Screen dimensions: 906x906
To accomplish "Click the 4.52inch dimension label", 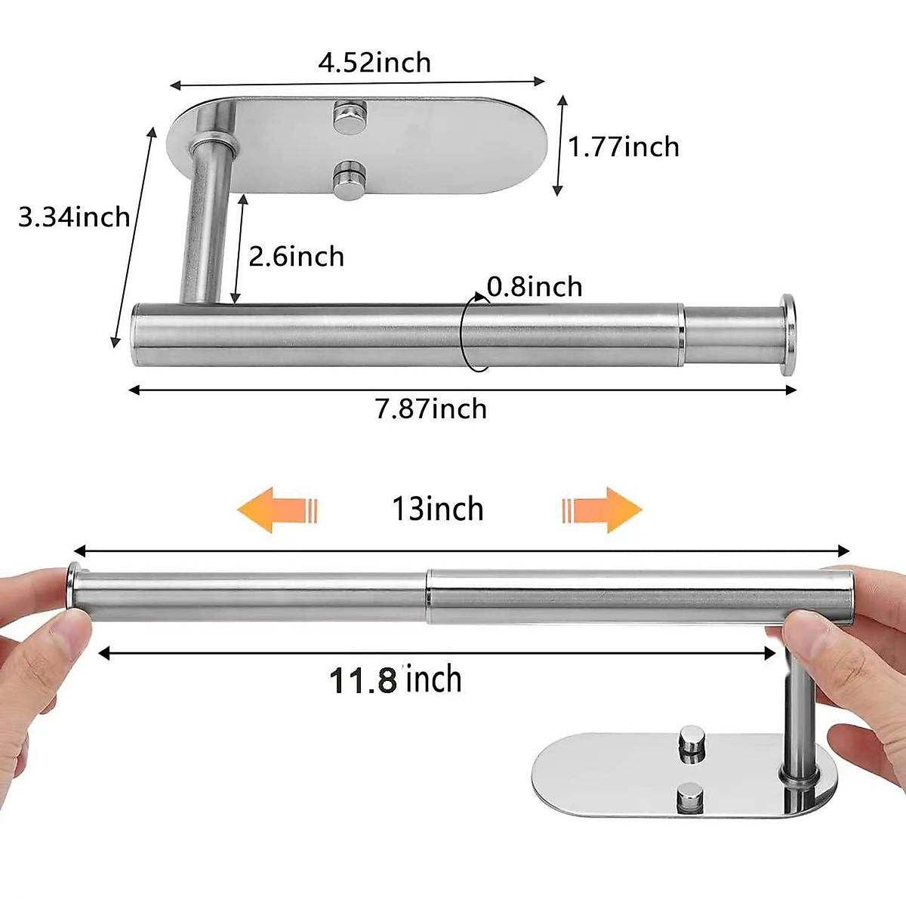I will (x=374, y=62).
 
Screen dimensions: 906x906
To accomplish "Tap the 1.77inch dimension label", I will (x=623, y=146).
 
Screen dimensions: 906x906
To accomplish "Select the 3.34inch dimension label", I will (x=74, y=217).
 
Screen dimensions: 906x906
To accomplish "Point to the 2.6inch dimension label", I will (x=296, y=257).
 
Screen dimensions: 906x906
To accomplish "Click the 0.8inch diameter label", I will (x=535, y=287).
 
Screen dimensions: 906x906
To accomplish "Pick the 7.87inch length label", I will (x=431, y=409).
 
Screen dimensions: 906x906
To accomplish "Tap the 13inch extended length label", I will (x=437, y=509).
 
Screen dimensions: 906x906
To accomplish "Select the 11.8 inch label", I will (x=395, y=679).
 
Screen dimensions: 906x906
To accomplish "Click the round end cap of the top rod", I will (x=787, y=334).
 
